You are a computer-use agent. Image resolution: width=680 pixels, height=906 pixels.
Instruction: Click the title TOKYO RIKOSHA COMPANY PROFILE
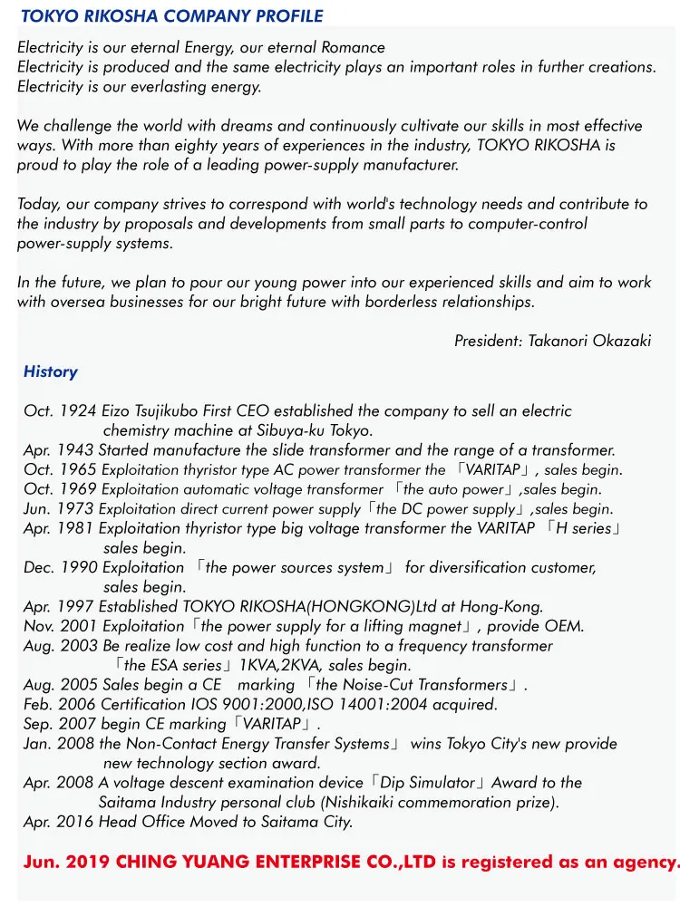coord(171,16)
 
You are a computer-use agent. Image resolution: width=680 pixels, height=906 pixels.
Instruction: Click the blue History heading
coord(51,371)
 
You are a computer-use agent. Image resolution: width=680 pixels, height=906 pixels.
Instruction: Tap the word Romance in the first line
coord(354,47)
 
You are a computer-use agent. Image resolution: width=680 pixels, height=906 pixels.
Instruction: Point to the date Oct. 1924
coord(60,411)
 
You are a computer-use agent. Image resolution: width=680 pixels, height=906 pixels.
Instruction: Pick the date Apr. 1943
coord(59,450)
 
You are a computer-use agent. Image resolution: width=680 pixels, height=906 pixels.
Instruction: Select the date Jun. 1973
coord(59,509)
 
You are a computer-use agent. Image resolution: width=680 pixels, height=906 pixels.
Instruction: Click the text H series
coord(584,529)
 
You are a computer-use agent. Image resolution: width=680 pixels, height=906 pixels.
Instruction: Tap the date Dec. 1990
coord(61,568)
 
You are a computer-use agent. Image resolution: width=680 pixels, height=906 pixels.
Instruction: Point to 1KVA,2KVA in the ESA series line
coord(281,666)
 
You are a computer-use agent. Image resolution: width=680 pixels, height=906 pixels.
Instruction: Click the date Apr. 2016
coord(59,823)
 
